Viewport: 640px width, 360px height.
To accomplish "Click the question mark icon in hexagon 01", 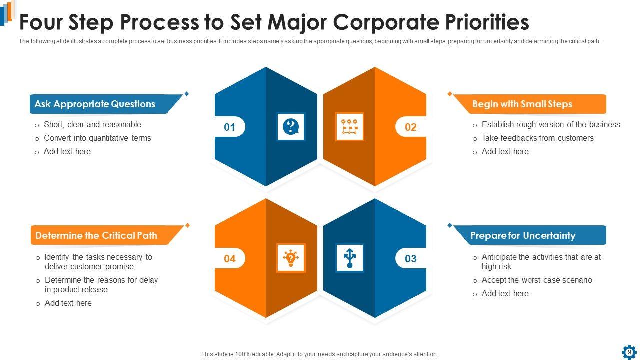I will (290, 127).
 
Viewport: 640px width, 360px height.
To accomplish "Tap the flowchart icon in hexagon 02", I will (349, 127).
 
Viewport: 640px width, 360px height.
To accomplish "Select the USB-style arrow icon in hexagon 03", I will (349, 258).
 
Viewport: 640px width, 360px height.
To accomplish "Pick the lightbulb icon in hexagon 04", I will (290, 258).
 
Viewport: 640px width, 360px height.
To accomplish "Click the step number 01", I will (229, 127).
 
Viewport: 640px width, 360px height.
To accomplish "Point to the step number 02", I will (410, 127).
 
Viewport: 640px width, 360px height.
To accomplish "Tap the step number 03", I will (410, 259).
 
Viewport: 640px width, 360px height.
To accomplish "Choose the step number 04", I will (229, 259).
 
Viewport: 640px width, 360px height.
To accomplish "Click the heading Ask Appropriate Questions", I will (95, 104).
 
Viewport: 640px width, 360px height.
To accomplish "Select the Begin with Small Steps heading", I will (522, 104).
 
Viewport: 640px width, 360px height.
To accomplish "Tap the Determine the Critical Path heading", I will (96, 236).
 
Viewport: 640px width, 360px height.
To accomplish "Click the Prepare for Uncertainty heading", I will (523, 236).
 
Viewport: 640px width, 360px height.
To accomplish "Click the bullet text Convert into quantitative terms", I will (97, 138).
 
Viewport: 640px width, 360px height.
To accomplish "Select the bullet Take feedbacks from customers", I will (537, 138).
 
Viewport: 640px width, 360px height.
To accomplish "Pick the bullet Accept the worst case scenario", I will (536, 280).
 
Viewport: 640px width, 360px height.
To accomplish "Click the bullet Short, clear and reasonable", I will (92, 125).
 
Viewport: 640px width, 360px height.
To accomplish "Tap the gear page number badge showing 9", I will (629, 352).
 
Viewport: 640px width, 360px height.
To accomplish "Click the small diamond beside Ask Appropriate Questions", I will (187, 94).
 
